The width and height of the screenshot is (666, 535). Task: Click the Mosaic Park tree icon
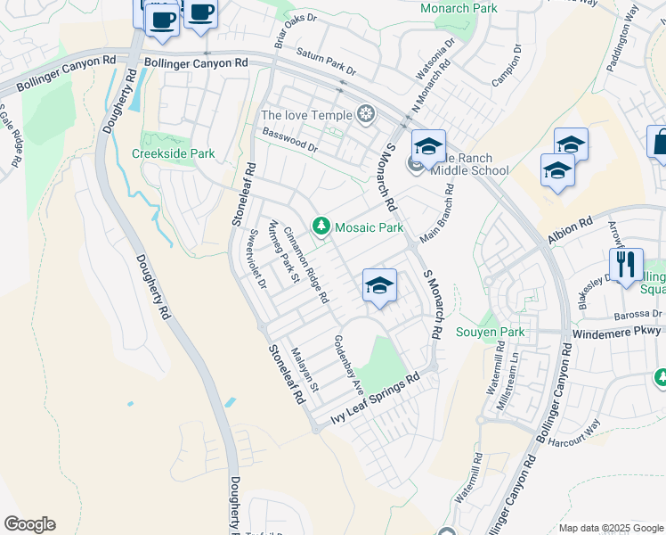tap(321, 227)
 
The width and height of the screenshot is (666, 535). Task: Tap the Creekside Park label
tap(174, 153)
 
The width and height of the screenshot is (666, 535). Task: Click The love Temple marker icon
tap(365, 114)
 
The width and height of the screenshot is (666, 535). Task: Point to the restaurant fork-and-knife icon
tap(627, 264)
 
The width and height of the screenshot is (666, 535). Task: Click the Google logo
tap(29, 524)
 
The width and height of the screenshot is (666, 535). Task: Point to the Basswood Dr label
tap(289, 140)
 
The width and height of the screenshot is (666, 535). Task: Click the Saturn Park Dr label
tap(326, 62)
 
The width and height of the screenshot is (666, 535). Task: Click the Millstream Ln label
tap(514, 371)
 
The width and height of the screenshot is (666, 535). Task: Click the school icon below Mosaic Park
tap(379, 286)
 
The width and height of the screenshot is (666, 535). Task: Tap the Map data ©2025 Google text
tap(610, 527)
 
